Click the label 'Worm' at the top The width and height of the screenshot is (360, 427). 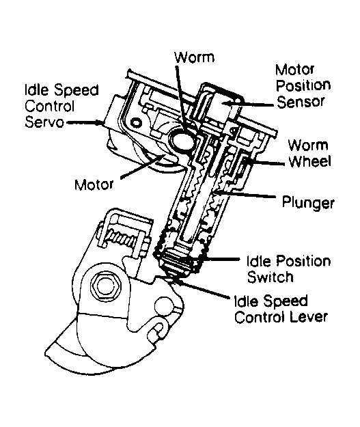point(195,57)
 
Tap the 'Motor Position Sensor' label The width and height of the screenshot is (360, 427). point(303,86)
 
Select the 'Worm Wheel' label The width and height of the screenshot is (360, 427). point(309,153)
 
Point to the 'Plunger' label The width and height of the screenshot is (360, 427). point(308,203)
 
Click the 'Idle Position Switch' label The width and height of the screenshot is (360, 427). point(289,269)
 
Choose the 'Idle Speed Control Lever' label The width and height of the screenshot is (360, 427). point(281,309)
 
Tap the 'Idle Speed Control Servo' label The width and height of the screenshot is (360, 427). point(61,106)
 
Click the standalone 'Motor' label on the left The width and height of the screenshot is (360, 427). point(94,184)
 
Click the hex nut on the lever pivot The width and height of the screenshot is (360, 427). point(104,285)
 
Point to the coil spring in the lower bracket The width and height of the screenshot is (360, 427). point(122,238)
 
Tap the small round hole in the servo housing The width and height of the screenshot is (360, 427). point(136,122)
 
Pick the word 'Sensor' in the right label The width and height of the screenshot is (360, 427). point(301,102)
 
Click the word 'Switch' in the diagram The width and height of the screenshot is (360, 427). point(270,277)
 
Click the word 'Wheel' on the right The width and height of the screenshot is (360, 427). point(309,161)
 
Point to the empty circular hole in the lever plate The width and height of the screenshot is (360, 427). point(165,306)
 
